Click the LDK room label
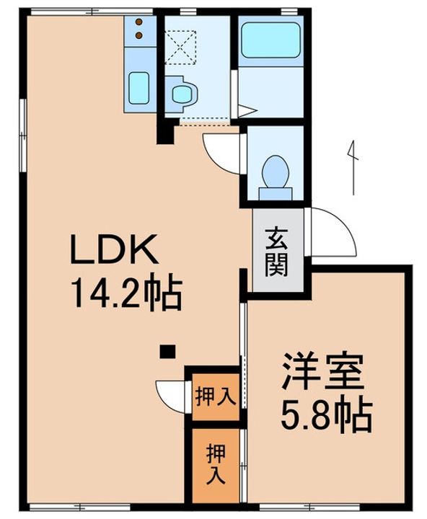114,248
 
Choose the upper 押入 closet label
216,396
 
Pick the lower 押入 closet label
216,464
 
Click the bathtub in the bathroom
270,40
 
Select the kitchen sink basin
138,88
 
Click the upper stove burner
139,22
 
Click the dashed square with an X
180,46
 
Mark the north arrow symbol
353,167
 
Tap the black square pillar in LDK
167,352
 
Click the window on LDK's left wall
22,135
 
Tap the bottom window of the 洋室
310,507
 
